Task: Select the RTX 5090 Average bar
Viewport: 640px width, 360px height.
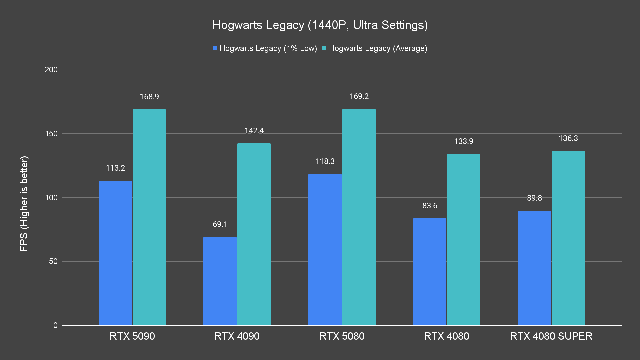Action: click(149, 217)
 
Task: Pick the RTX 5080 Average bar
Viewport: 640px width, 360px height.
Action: click(359, 217)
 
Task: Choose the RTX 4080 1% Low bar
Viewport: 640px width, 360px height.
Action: click(430, 272)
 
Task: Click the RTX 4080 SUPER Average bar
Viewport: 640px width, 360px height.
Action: click(568, 238)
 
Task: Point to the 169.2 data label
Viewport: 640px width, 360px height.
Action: click(359, 97)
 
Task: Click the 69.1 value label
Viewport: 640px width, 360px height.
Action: click(220, 224)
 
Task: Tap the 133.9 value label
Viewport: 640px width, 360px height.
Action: click(464, 141)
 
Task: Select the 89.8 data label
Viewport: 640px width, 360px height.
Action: click(534, 198)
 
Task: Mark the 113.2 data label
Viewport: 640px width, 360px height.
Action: click(115, 168)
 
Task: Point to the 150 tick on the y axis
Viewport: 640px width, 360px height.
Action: click(51, 134)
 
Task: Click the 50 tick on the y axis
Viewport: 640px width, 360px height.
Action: click(53, 261)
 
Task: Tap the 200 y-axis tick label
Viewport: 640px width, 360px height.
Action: click(51, 70)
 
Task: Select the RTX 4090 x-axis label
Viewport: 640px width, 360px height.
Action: click(237, 336)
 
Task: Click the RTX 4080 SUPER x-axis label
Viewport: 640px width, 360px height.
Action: click(551, 336)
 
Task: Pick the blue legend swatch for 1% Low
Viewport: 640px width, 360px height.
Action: click(215, 49)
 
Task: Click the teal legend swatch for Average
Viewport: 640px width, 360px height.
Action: click(324, 49)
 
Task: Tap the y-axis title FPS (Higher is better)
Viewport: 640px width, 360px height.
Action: click(24, 203)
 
